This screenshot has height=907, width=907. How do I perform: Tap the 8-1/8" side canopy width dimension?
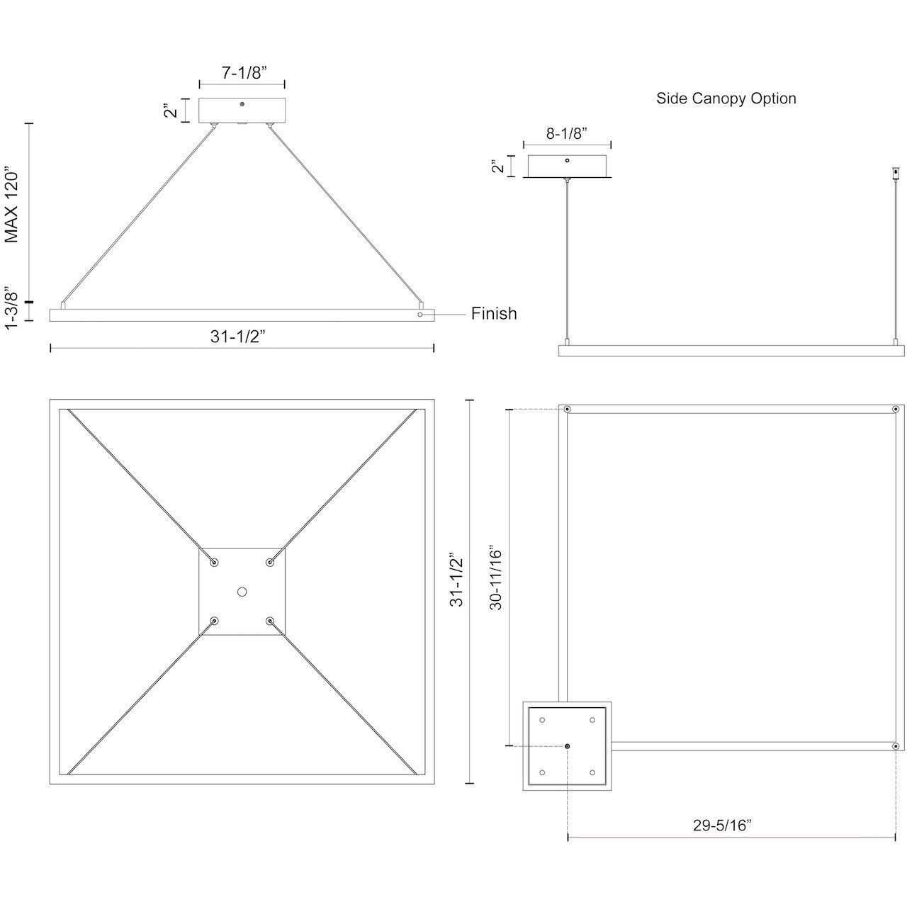[x=567, y=133]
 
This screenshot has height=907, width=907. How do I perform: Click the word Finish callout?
[x=494, y=313]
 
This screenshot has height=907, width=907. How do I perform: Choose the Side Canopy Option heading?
[x=726, y=98]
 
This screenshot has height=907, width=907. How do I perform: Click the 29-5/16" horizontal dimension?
[x=722, y=825]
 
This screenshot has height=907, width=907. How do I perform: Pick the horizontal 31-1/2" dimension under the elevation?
[x=237, y=337]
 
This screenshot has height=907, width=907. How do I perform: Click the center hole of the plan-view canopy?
[x=242, y=592]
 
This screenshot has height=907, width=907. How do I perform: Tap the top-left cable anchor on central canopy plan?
[x=214, y=562]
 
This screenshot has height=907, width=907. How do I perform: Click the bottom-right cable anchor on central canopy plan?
[x=270, y=621]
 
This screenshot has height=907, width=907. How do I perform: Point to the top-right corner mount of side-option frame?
[x=896, y=410]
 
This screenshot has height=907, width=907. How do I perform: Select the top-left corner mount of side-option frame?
[x=568, y=410]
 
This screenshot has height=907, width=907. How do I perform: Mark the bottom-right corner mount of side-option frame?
[x=896, y=746]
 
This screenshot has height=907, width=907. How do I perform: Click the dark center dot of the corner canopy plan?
[x=568, y=746]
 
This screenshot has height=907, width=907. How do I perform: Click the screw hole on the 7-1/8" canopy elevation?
[x=242, y=105]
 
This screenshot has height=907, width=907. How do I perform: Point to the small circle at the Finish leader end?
[x=420, y=314]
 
